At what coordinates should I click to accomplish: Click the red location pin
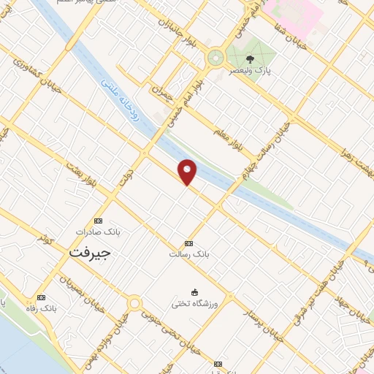[x=188, y=172]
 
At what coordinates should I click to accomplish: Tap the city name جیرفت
[x=89, y=253]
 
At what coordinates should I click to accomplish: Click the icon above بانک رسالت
[x=189, y=243]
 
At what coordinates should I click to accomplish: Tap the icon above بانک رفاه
[x=40, y=298]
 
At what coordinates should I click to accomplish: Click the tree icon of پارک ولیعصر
[x=251, y=58]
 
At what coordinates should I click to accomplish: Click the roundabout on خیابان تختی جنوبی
[x=134, y=303]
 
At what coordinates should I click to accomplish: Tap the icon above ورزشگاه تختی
[x=194, y=291]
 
